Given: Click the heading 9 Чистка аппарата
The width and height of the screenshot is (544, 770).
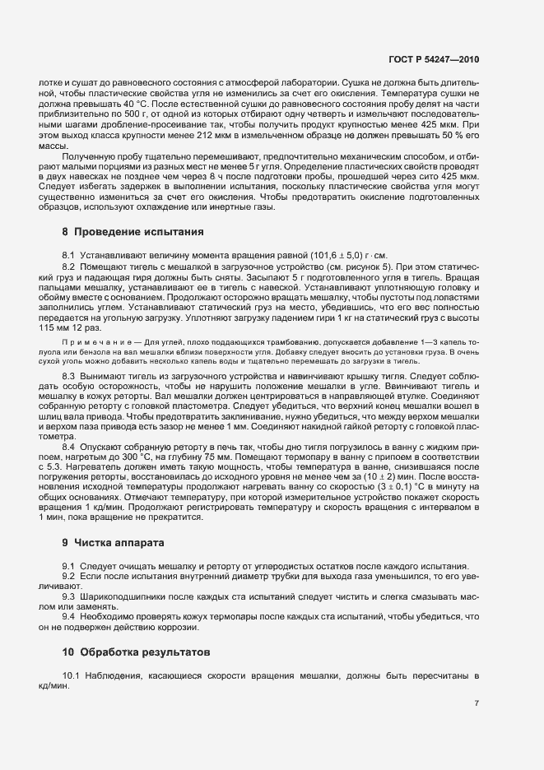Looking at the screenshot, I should pyautogui.click(x=103, y=543).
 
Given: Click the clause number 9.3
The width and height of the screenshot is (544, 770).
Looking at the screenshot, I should pyautogui.click(x=68, y=596).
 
